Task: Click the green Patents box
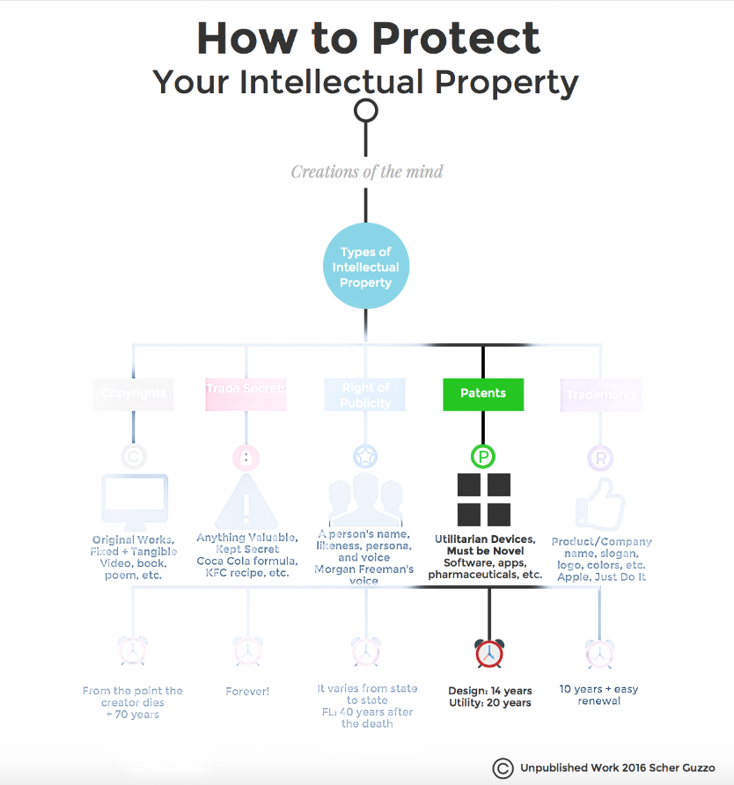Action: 482,393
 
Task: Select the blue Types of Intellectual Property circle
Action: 365,268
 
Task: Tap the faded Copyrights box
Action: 133,393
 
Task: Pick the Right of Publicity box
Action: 365,393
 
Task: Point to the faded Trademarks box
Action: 601,394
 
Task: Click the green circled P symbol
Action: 483,457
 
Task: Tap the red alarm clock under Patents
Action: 488,652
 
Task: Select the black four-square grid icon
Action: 483,499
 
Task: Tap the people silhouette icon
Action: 364,500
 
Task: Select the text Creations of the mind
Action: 366,171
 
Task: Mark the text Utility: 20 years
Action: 489,703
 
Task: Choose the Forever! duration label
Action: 247,692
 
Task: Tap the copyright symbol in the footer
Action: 503,767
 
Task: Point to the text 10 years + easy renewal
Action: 599,694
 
